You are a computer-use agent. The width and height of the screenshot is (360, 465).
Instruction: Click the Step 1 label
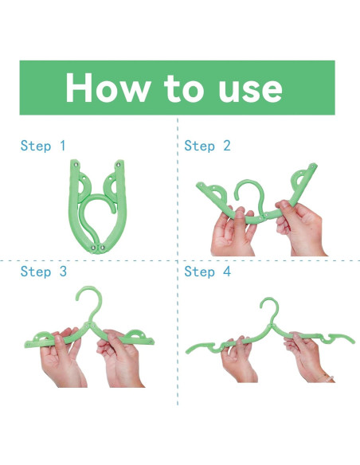(x=43, y=146)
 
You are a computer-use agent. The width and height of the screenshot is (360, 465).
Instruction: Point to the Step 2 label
(x=207, y=146)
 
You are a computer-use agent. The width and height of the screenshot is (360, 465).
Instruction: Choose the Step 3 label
(x=44, y=272)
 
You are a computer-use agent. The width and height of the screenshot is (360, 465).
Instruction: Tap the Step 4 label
(x=208, y=272)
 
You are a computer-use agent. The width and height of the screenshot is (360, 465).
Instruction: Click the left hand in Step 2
(x=233, y=232)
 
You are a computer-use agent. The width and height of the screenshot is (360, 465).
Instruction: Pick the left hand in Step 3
(x=62, y=359)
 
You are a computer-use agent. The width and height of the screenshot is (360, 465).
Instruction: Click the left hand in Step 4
(x=237, y=359)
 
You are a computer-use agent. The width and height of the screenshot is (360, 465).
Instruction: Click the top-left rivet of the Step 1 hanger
(x=76, y=164)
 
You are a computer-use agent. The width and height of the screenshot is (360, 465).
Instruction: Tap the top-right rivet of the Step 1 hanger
(x=119, y=164)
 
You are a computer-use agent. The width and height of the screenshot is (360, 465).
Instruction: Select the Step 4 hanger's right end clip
(x=341, y=338)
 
